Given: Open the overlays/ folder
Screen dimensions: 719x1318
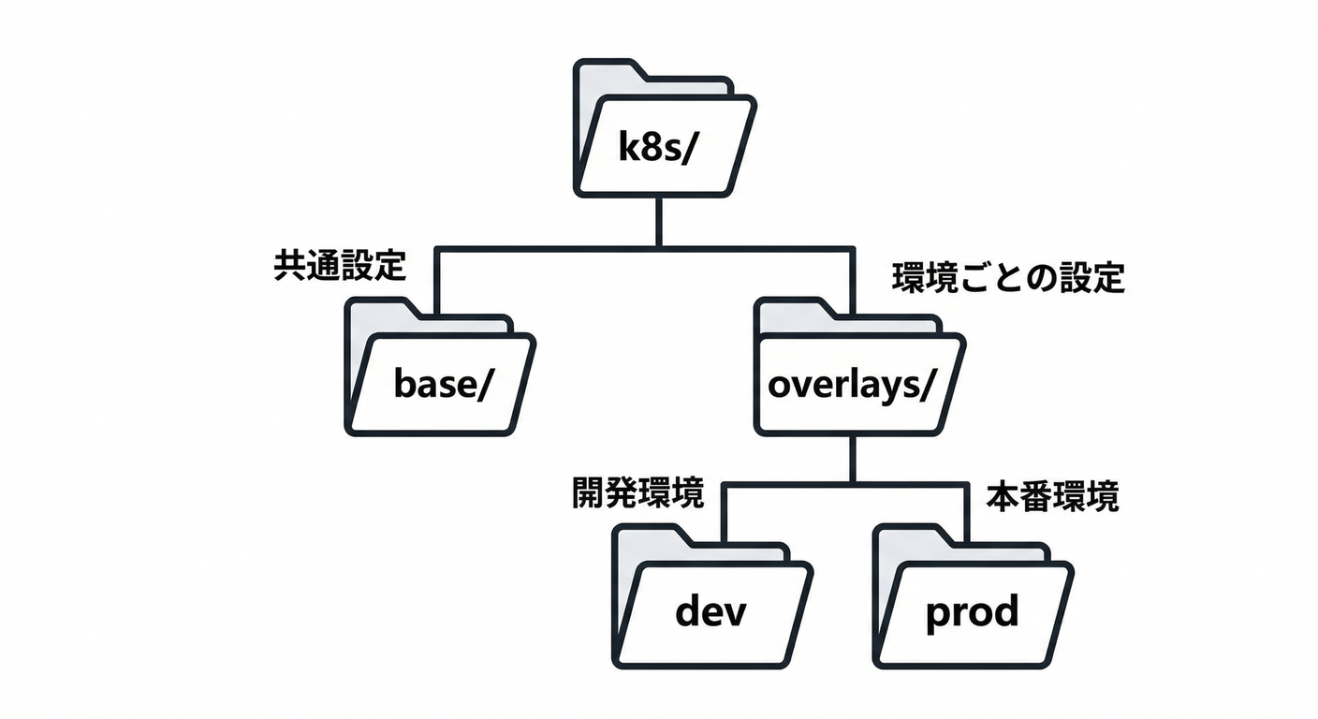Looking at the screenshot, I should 857,367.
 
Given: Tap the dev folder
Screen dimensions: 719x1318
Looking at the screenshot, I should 711,597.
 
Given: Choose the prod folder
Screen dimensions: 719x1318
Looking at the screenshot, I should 972,597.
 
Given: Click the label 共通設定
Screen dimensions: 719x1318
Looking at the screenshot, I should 339,266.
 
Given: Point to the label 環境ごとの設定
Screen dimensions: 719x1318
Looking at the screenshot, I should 1007,278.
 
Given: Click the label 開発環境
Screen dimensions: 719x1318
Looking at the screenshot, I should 637,494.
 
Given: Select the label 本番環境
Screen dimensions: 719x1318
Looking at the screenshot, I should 1052,497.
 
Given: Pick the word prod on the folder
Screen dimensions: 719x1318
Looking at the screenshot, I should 972,613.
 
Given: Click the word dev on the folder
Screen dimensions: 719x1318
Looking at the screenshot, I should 711,613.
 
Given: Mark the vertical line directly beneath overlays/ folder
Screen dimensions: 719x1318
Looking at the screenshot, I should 853,459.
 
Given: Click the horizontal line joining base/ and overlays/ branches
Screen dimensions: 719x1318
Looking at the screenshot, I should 562,249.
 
